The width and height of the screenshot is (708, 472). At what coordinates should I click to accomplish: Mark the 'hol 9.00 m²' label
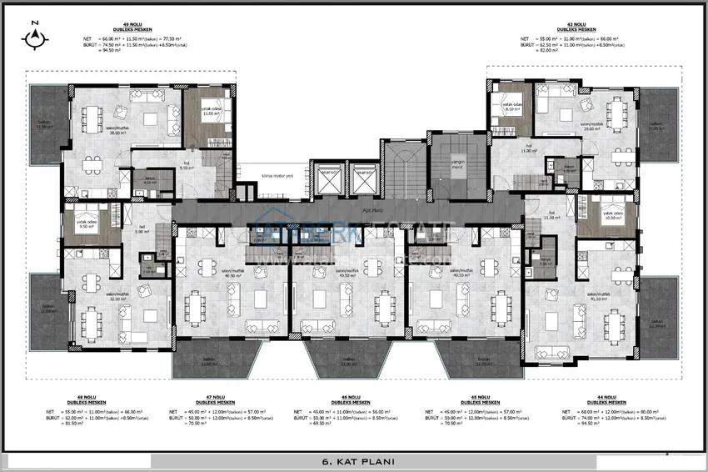click(142, 229)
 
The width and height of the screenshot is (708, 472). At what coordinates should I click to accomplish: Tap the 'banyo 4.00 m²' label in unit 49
click(151, 179)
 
